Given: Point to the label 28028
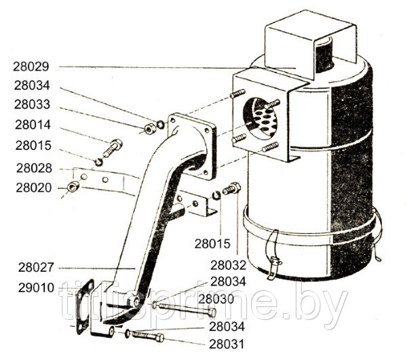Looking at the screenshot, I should (x=29, y=167).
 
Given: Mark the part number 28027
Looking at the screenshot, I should (x=29, y=268).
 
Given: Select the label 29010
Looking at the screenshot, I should (x=29, y=288).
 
